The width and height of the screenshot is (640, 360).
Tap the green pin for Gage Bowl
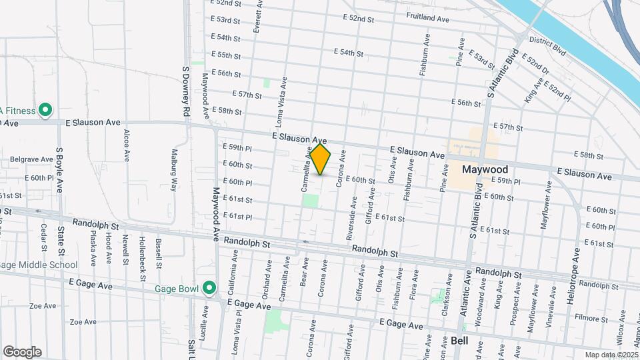pos(209,288)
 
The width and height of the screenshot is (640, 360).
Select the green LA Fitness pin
pos(45,110)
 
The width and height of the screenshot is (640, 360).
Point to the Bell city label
pos(460,341)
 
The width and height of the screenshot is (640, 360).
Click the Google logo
pos(22,352)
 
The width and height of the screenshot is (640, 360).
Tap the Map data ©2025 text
pos(611,355)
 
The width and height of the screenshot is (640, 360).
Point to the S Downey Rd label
pos(187,91)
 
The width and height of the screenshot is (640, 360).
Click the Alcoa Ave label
pos(127,146)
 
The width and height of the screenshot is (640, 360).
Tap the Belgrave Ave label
pos(31,160)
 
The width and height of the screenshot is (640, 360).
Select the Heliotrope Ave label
pos(572,276)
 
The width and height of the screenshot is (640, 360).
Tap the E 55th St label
pos(225,55)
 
